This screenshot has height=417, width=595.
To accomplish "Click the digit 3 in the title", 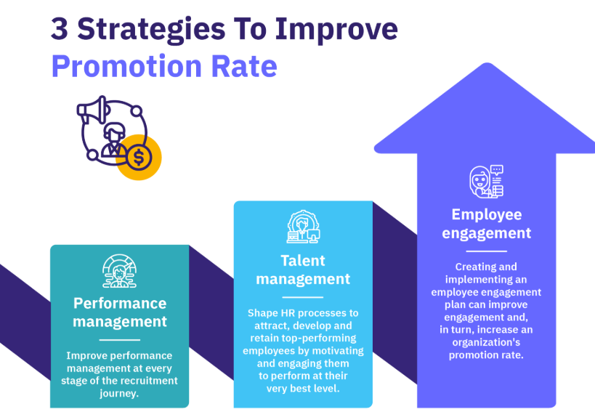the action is [60, 29].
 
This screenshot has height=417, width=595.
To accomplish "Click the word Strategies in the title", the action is [151, 31].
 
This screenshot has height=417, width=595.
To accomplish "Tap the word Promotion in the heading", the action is [126, 66].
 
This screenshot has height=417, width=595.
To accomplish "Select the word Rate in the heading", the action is [244, 66].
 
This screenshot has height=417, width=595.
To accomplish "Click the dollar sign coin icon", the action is [139, 158].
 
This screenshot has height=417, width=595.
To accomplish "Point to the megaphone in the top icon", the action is [93, 110].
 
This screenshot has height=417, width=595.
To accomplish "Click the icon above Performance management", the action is [120, 271].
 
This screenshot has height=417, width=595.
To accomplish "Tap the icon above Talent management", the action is [303, 227].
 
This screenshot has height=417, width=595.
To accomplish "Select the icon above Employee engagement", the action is [487, 182].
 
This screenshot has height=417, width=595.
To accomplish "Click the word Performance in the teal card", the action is [120, 303].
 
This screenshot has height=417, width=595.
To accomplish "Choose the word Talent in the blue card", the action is [303, 261].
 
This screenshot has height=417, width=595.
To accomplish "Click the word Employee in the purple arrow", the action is [487, 215].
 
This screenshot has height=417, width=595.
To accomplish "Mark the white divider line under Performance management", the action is [120, 340].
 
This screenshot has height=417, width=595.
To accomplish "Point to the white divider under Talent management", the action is [303, 297].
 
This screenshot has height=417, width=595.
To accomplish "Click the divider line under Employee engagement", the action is [487, 251].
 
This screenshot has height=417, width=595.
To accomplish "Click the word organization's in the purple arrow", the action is [486, 343].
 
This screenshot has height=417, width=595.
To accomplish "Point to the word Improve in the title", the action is [336, 31].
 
